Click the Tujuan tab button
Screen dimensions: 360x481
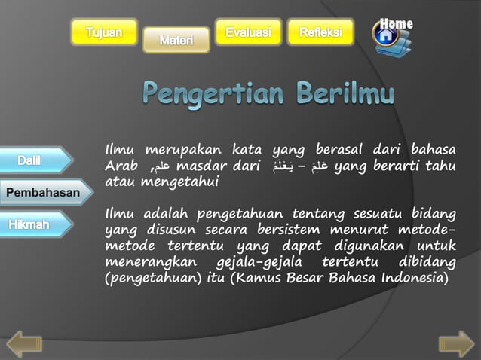click(104, 32)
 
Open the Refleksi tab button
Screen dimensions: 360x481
click(320, 32)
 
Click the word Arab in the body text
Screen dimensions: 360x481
click(121, 166)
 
